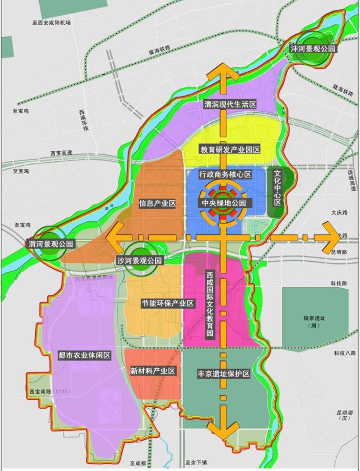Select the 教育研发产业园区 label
coord(230,149)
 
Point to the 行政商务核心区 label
coord(225,175)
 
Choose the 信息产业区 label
coord(158,204)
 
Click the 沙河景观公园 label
coord(140,261)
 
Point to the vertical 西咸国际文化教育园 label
coord(210,304)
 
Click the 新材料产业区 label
coord(153,371)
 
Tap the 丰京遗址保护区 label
coord(223,374)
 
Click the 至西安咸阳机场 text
coord(51,22)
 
